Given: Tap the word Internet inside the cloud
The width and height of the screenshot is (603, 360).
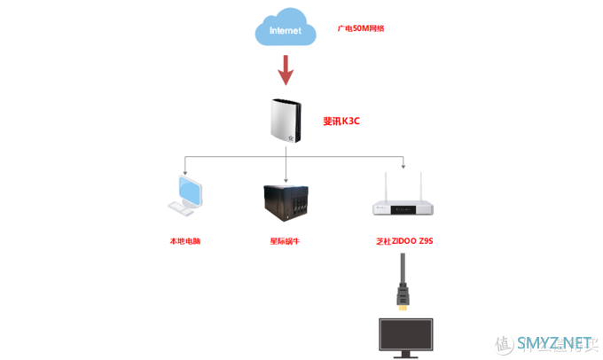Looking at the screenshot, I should [286, 31].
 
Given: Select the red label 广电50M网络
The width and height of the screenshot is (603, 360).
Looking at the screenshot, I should [361, 28].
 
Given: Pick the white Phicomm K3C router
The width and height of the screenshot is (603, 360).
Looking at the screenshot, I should [286, 121].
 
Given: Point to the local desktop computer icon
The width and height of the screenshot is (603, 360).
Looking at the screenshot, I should [185, 196].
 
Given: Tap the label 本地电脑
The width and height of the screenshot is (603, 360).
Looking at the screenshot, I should [185, 240].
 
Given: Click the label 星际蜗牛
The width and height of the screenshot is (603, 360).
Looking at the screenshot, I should [285, 240].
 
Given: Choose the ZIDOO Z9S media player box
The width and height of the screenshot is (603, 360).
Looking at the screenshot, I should [403, 206].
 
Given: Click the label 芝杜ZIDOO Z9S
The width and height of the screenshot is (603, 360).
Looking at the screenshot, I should [404, 240].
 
